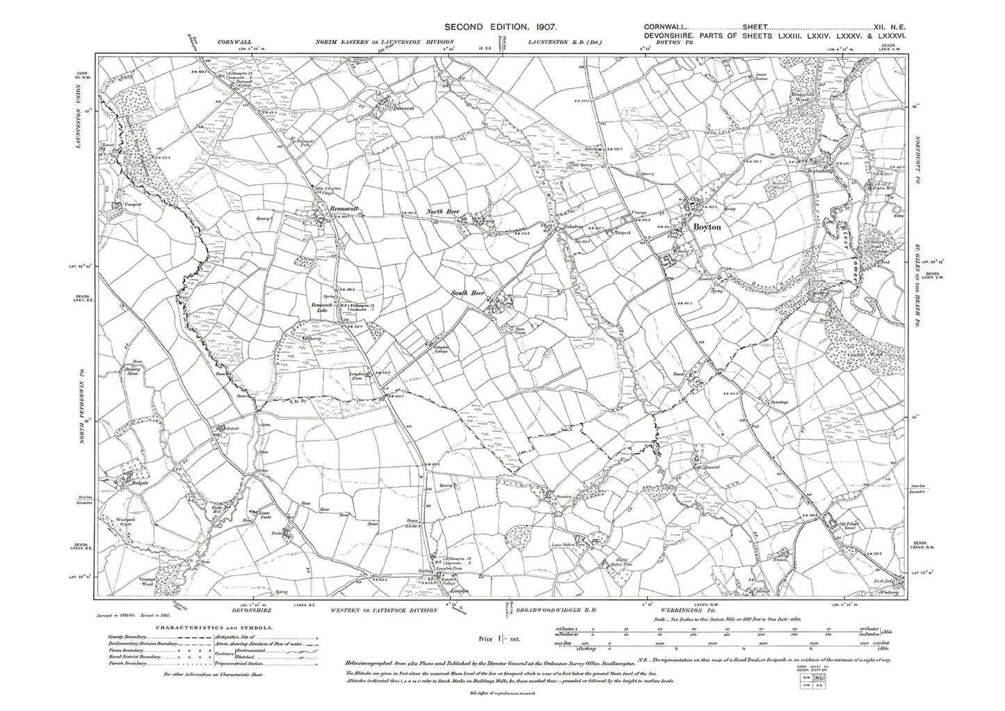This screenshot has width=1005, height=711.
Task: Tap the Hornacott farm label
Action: point(710,467)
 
